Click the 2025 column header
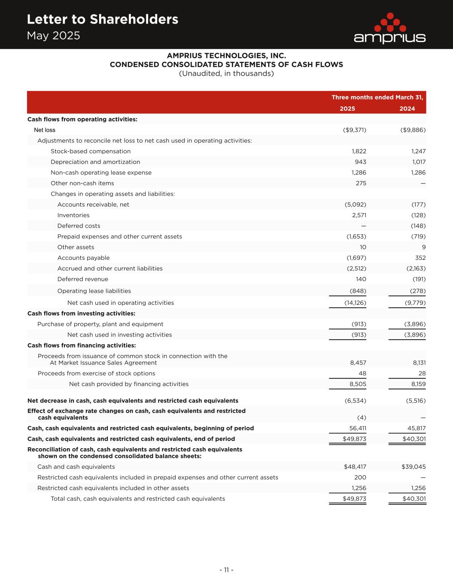[347, 109]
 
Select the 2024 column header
[407, 109]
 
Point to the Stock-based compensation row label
[91, 151]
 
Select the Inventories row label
[73, 215]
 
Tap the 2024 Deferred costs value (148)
[418, 226]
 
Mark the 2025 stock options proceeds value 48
[362, 373]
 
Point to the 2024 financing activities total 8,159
[416, 384]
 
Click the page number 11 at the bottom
[226, 570]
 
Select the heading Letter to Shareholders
[102, 19]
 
